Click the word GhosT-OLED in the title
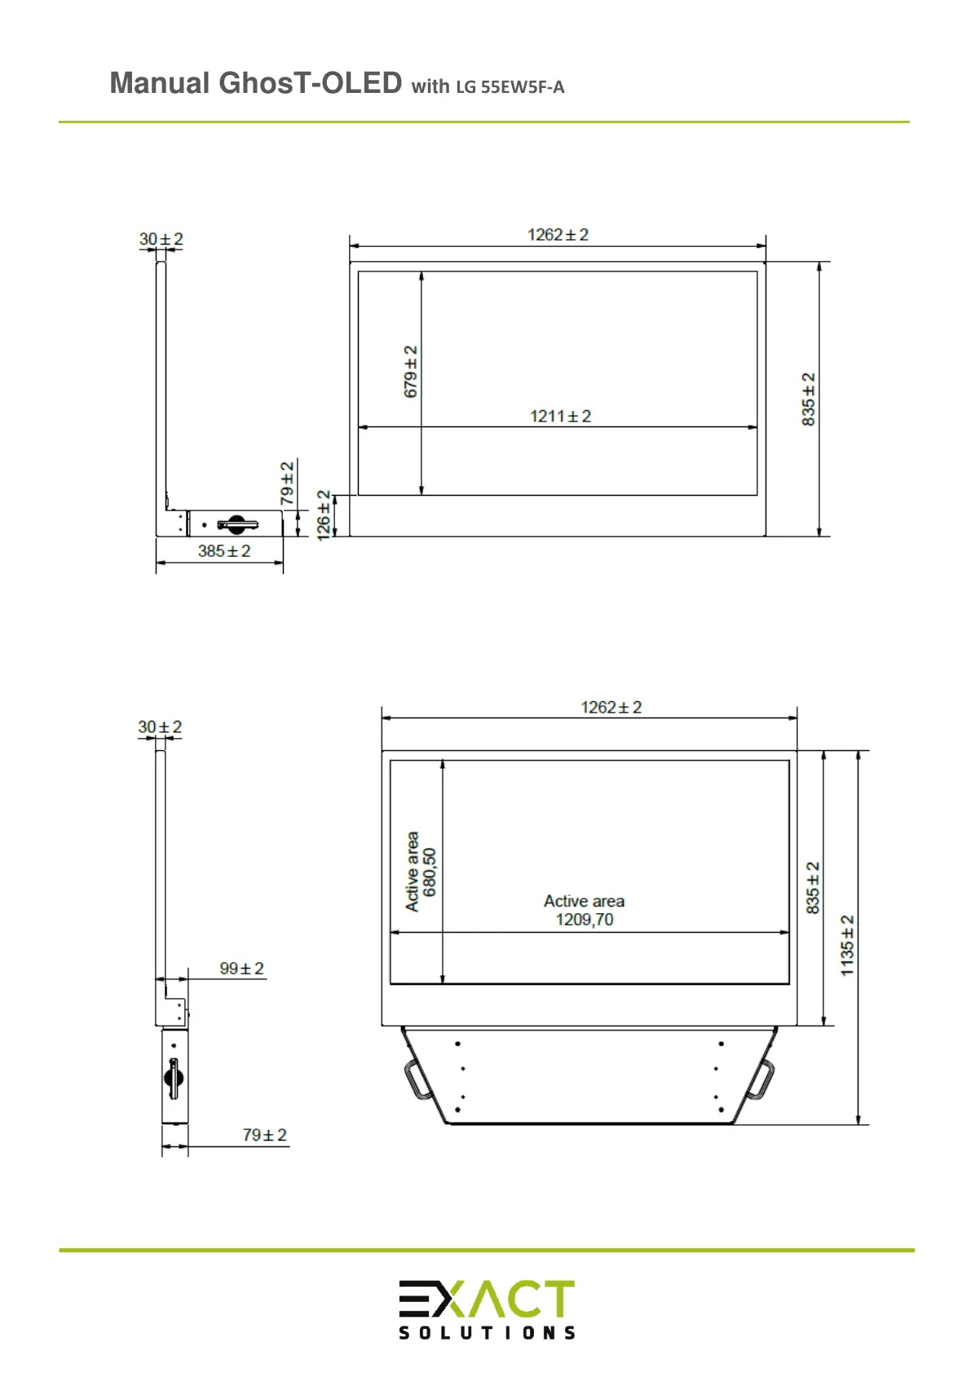point(310,82)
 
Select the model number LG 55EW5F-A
point(510,87)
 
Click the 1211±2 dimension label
point(560,416)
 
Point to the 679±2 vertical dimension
point(411,372)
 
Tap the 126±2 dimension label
point(324,515)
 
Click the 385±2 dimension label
point(223,551)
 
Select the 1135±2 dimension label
point(846,945)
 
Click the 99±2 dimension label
point(241,968)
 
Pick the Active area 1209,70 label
point(585,910)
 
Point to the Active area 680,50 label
point(421,872)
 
